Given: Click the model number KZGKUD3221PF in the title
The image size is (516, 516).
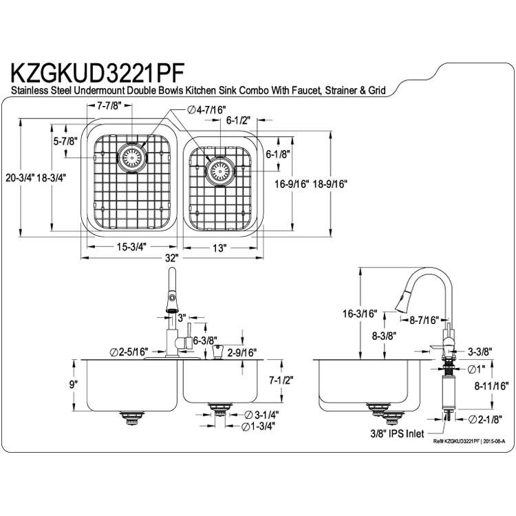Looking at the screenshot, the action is tap(98, 74).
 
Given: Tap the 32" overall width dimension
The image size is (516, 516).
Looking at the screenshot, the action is tap(171, 258).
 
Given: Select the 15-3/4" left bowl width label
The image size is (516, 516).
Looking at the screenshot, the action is tap(131, 247).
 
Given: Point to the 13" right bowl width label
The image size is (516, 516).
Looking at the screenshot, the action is tap(219, 248).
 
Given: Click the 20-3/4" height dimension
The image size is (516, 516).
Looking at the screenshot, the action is tap(20, 178).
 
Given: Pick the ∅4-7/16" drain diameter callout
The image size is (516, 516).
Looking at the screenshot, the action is tap(206, 110).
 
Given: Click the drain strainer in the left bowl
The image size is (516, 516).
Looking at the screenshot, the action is tap(131, 158).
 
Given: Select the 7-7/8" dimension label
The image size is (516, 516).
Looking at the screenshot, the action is tap(109, 106).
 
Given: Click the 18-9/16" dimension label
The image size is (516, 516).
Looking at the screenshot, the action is tap(330, 184).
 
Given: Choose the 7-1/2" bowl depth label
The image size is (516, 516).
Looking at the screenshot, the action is tap(281, 380).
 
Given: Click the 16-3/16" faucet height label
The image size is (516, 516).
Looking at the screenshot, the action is tap(360, 314).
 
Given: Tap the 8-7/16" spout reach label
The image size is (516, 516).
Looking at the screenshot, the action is tap(424, 319).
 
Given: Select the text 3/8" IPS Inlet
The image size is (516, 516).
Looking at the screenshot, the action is tap(397, 433).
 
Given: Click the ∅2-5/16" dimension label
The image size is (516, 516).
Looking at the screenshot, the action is tap(129, 352).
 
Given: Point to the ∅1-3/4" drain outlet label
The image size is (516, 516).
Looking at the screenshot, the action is tap(258, 427).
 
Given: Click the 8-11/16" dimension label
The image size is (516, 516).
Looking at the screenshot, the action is tap(491, 386).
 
